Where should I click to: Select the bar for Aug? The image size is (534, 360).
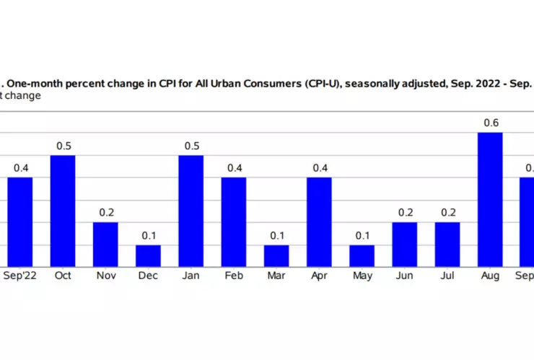pyautogui.click(x=491, y=200)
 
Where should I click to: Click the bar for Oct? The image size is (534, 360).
pyautogui.click(x=63, y=211)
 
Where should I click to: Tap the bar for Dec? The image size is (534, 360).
pyautogui.click(x=149, y=256)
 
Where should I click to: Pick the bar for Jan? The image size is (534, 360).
pyautogui.click(x=191, y=211)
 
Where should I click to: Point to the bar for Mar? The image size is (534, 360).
pyautogui.click(x=276, y=256)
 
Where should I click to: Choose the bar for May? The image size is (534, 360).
pyautogui.click(x=362, y=256)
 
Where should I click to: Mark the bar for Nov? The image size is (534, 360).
pyautogui.click(x=105, y=245)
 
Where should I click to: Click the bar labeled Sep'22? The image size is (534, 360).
pyautogui.click(x=20, y=222)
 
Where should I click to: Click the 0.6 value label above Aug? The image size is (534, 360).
pyautogui.click(x=491, y=123)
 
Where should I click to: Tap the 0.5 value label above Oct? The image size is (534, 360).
pyautogui.click(x=63, y=146)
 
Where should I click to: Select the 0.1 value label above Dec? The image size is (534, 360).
pyautogui.click(x=149, y=235)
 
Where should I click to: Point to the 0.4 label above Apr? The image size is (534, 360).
pyautogui.click(x=320, y=168)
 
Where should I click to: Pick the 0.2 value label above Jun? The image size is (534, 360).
pyautogui.click(x=405, y=213)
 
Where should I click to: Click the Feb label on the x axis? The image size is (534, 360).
pyautogui.click(x=234, y=276)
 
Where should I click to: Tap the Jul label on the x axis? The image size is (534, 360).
pyautogui.click(x=447, y=276)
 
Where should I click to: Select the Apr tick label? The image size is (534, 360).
pyautogui.click(x=320, y=276)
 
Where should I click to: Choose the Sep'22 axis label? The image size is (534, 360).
pyautogui.click(x=20, y=276)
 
